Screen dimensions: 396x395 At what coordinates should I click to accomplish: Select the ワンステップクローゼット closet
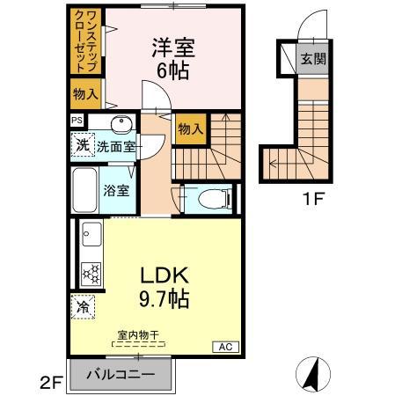(85, 43)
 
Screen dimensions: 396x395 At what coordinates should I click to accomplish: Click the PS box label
(77, 121)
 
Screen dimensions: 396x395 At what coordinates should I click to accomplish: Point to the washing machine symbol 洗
(82, 145)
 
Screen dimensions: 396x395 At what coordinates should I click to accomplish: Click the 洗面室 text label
(115, 147)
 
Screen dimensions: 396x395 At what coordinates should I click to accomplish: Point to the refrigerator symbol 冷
(83, 307)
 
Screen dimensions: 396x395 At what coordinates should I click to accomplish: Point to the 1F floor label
(314, 198)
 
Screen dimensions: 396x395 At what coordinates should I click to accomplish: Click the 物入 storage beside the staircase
(190, 129)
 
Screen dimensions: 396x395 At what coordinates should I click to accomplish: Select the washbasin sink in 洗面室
(121, 124)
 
